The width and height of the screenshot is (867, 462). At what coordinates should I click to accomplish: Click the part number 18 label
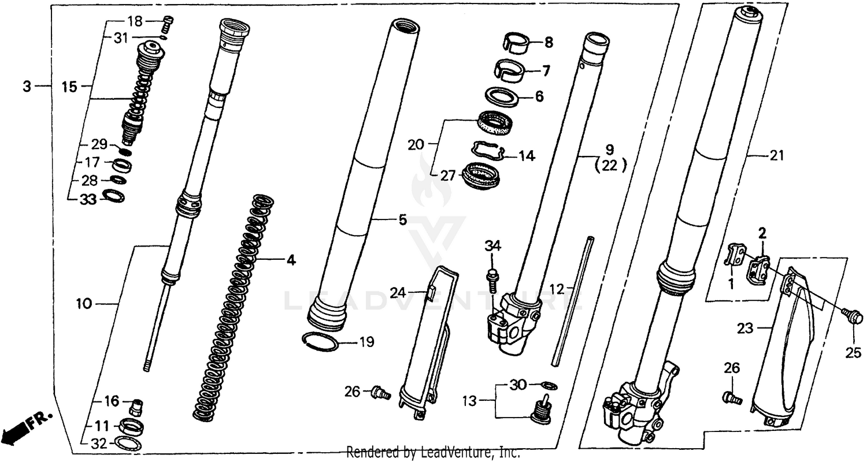click(x=134, y=21)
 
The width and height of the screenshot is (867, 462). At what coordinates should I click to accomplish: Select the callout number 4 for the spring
click(x=291, y=261)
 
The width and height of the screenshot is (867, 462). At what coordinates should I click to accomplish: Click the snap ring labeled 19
click(x=321, y=341)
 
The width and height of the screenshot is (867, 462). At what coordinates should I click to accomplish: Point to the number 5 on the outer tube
click(x=402, y=219)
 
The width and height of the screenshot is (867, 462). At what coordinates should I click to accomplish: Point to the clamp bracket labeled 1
click(x=735, y=255)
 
